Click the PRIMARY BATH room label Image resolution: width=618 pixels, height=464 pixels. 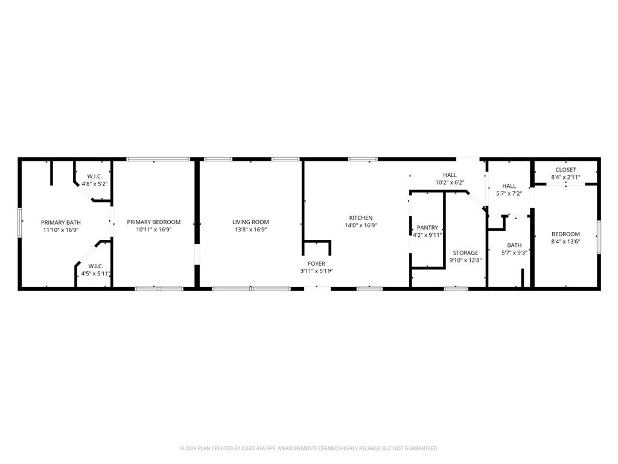click(x=60, y=222)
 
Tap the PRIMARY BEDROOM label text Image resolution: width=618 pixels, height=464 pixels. click(x=153, y=222)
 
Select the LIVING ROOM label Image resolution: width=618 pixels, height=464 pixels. click(x=250, y=222)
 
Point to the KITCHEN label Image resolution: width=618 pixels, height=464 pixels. click(x=361, y=218)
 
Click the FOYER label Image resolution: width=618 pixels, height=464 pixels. click(x=316, y=264)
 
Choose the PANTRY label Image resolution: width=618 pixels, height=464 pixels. click(x=427, y=228)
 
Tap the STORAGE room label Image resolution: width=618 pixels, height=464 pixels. click(x=465, y=253)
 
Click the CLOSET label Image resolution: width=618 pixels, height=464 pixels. click(x=565, y=170)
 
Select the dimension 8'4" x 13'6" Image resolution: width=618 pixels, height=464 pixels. click(x=565, y=241)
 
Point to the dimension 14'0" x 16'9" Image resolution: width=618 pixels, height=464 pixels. click(x=361, y=225)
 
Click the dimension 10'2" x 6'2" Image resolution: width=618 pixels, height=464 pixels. click(x=450, y=182)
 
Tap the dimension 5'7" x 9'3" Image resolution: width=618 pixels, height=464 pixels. click(x=514, y=253)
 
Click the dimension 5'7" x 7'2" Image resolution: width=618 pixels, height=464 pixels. click(x=509, y=193)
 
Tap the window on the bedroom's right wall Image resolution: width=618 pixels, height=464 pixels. click(x=599, y=236)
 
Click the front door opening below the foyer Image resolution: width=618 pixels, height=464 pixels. click(x=317, y=289)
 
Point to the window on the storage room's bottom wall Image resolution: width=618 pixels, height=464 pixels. click(x=456, y=289)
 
